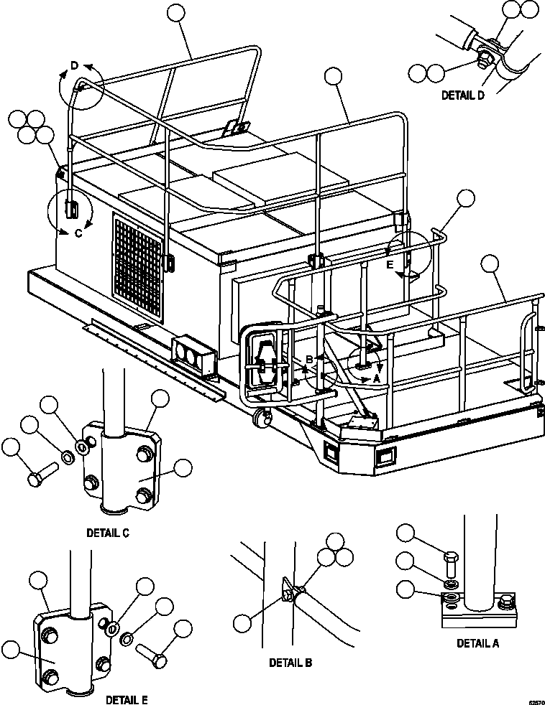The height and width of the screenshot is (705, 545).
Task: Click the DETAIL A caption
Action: (x=477, y=643)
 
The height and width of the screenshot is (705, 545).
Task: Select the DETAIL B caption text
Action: (x=290, y=663)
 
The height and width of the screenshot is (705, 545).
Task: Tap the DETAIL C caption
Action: (x=108, y=533)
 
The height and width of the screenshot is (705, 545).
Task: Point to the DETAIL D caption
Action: (x=462, y=95)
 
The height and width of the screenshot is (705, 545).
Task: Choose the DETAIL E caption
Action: (x=127, y=699)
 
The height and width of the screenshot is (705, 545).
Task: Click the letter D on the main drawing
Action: (x=74, y=67)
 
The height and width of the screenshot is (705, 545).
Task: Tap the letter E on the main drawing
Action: (x=390, y=264)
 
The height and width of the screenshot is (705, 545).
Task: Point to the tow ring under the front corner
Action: (x=262, y=417)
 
